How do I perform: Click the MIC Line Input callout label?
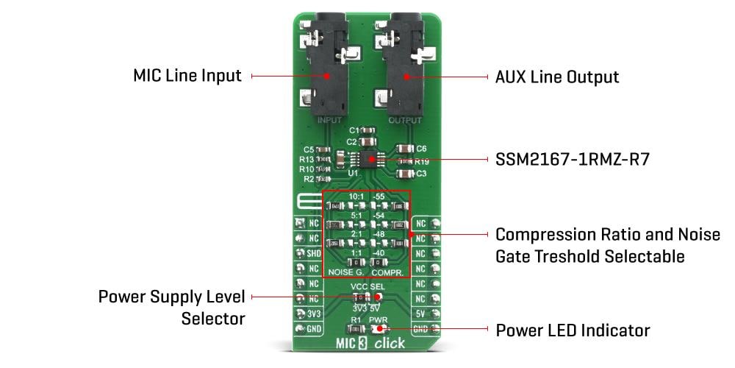[187, 76]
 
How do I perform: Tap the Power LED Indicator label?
[573, 330]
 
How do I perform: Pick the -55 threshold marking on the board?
[379, 197]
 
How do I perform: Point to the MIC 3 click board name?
[367, 344]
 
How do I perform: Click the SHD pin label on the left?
[313, 253]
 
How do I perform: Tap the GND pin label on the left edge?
[313, 329]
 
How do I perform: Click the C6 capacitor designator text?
[421, 149]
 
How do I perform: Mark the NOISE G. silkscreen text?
[346, 272]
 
